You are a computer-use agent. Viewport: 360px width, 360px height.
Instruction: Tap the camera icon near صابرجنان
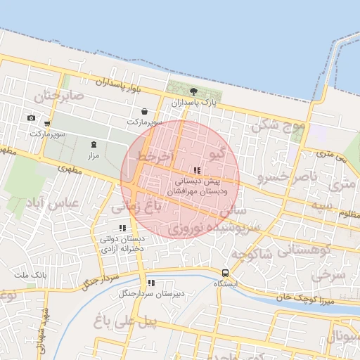click(31, 118)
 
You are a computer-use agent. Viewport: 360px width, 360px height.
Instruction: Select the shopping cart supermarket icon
click(47, 124)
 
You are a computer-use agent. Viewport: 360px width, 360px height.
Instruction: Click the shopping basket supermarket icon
click(144, 111)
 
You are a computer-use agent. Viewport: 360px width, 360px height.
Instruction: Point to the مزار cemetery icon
click(94, 144)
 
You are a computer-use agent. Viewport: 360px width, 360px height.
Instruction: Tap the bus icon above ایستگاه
click(225, 273)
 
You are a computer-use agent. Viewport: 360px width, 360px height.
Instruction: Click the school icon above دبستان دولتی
click(123, 228)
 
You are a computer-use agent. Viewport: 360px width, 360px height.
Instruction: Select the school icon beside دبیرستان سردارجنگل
click(151, 283)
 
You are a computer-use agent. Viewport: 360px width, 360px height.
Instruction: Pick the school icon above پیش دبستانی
click(198, 170)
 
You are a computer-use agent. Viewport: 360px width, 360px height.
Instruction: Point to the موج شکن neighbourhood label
click(278, 126)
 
